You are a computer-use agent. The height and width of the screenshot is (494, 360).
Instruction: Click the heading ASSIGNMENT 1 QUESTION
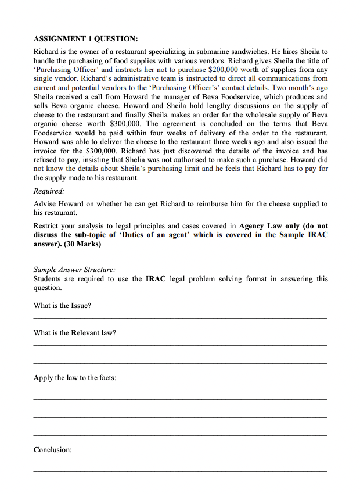[85, 39]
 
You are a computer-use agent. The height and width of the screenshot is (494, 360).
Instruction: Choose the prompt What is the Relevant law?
[75, 333]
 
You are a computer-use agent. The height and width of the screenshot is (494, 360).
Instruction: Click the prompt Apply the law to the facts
[75, 378]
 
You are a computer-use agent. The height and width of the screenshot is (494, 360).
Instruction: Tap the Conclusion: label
[53, 450]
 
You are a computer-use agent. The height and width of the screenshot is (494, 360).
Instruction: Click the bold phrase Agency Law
[261, 226]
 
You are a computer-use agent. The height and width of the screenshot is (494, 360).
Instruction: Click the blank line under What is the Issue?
[180, 318]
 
